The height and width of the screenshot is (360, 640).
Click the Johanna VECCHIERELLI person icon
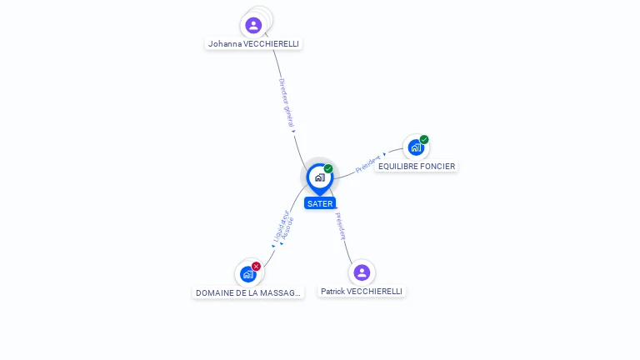click(x=253, y=25)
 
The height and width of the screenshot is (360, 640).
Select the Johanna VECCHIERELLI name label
click(x=253, y=43)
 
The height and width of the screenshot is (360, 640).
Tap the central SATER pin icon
click(x=319, y=177)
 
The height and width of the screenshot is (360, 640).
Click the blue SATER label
click(x=319, y=203)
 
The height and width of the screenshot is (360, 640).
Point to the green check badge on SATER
click(x=328, y=169)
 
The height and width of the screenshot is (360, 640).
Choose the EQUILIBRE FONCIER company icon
click(x=416, y=147)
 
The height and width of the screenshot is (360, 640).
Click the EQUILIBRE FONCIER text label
click(x=416, y=166)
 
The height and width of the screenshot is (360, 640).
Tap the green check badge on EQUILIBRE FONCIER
click(x=424, y=139)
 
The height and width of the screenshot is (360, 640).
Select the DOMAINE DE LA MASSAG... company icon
click(x=247, y=273)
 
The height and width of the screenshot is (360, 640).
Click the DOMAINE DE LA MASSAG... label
click(x=247, y=292)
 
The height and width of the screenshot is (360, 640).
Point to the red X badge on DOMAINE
click(x=256, y=266)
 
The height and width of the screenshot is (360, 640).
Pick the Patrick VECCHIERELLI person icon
click(x=362, y=272)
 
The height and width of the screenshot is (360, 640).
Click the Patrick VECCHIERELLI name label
click(x=362, y=292)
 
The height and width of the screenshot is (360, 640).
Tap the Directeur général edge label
click(x=286, y=103)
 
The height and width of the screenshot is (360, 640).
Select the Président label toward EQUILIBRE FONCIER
click(x=368, y=162)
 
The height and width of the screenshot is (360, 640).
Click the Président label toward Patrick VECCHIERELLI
click(x=341, y=226)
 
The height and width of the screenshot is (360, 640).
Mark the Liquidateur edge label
click(x=280, y=224)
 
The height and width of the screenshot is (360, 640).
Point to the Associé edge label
click(x=288, y=228)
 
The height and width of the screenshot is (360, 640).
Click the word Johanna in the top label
click(x=225, y=43)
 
